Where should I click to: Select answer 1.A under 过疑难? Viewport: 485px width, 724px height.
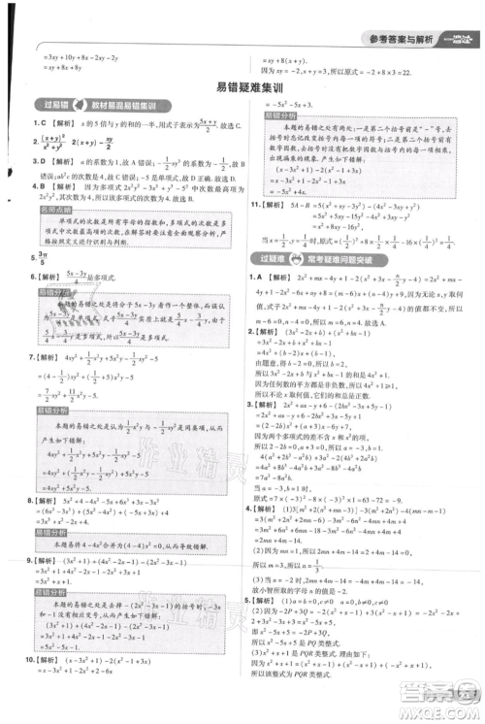tap(257, 278)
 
